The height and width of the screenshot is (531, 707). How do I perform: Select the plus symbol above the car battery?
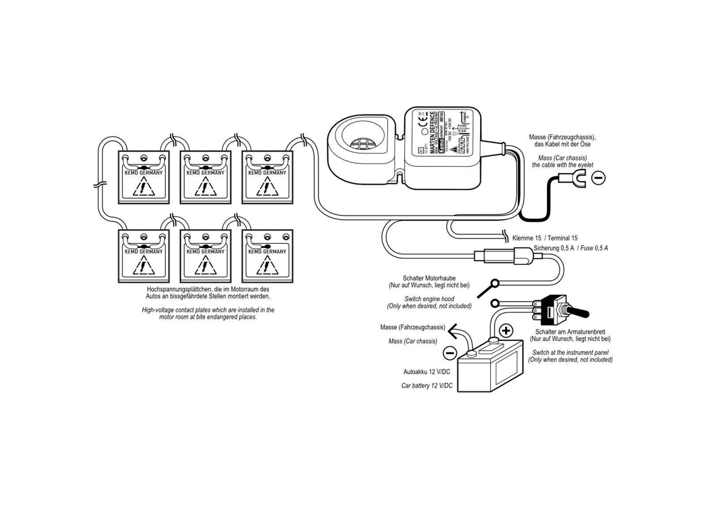[x=506, y=331]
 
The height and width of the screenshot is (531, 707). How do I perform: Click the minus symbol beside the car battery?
[x=449, y=353]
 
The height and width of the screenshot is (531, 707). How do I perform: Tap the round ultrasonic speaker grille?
[x=361, y=142]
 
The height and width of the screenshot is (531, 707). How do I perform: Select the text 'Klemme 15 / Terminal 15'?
[x=545, y=238]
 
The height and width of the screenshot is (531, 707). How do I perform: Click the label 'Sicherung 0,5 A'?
[x=554, y=248]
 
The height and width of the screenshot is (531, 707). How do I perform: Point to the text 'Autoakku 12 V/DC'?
[x=426, y=372]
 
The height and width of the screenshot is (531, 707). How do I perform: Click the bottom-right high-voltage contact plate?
[x=267, y=256]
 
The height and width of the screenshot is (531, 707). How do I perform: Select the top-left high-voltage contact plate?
[x=144, y=177]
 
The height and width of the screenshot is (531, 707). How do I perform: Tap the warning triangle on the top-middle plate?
[x=205, y=189]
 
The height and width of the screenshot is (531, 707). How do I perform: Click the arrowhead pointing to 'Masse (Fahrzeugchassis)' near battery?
[x=451, y=329]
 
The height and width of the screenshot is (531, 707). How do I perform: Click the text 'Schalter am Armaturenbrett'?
[x=570, y=332]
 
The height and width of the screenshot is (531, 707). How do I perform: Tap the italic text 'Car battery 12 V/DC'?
[x=426, y=386]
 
